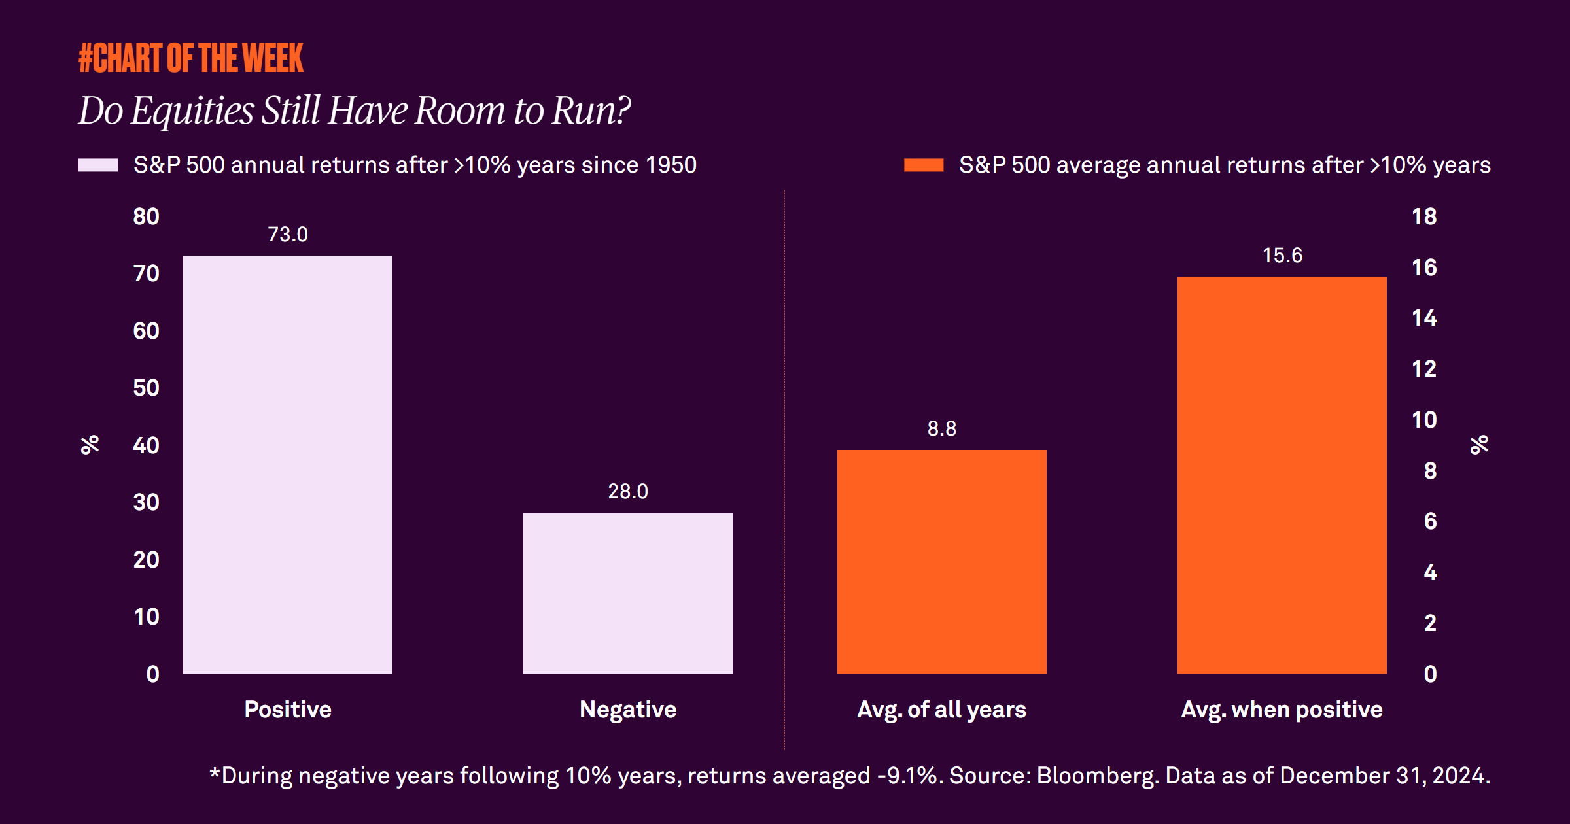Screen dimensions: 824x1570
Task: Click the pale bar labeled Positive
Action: coord(288,464)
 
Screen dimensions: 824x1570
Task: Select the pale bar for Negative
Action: coord(628,593)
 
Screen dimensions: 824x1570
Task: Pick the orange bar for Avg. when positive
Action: coord(1282,475)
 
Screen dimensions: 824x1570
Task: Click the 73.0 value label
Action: coord(288,234)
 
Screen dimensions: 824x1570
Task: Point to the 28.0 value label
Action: coord(628,491)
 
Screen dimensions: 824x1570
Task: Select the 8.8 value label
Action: coord(942,428)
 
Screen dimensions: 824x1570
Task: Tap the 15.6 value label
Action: coord(1282,255)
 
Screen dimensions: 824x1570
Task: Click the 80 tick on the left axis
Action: coord(146,216)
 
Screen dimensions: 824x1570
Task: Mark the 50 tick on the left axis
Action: coord(146,388)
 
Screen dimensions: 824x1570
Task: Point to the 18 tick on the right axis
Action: coord(1424,216)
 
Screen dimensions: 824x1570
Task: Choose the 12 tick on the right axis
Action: coord(1424,369)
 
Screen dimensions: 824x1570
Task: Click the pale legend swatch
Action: coord(98,165)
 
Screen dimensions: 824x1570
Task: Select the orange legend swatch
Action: coord(924,165)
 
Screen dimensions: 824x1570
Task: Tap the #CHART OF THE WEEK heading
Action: coord(191,58)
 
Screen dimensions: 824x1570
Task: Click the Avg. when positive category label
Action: coord(1282,710)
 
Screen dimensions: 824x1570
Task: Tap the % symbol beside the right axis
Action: coord(1479,445)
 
